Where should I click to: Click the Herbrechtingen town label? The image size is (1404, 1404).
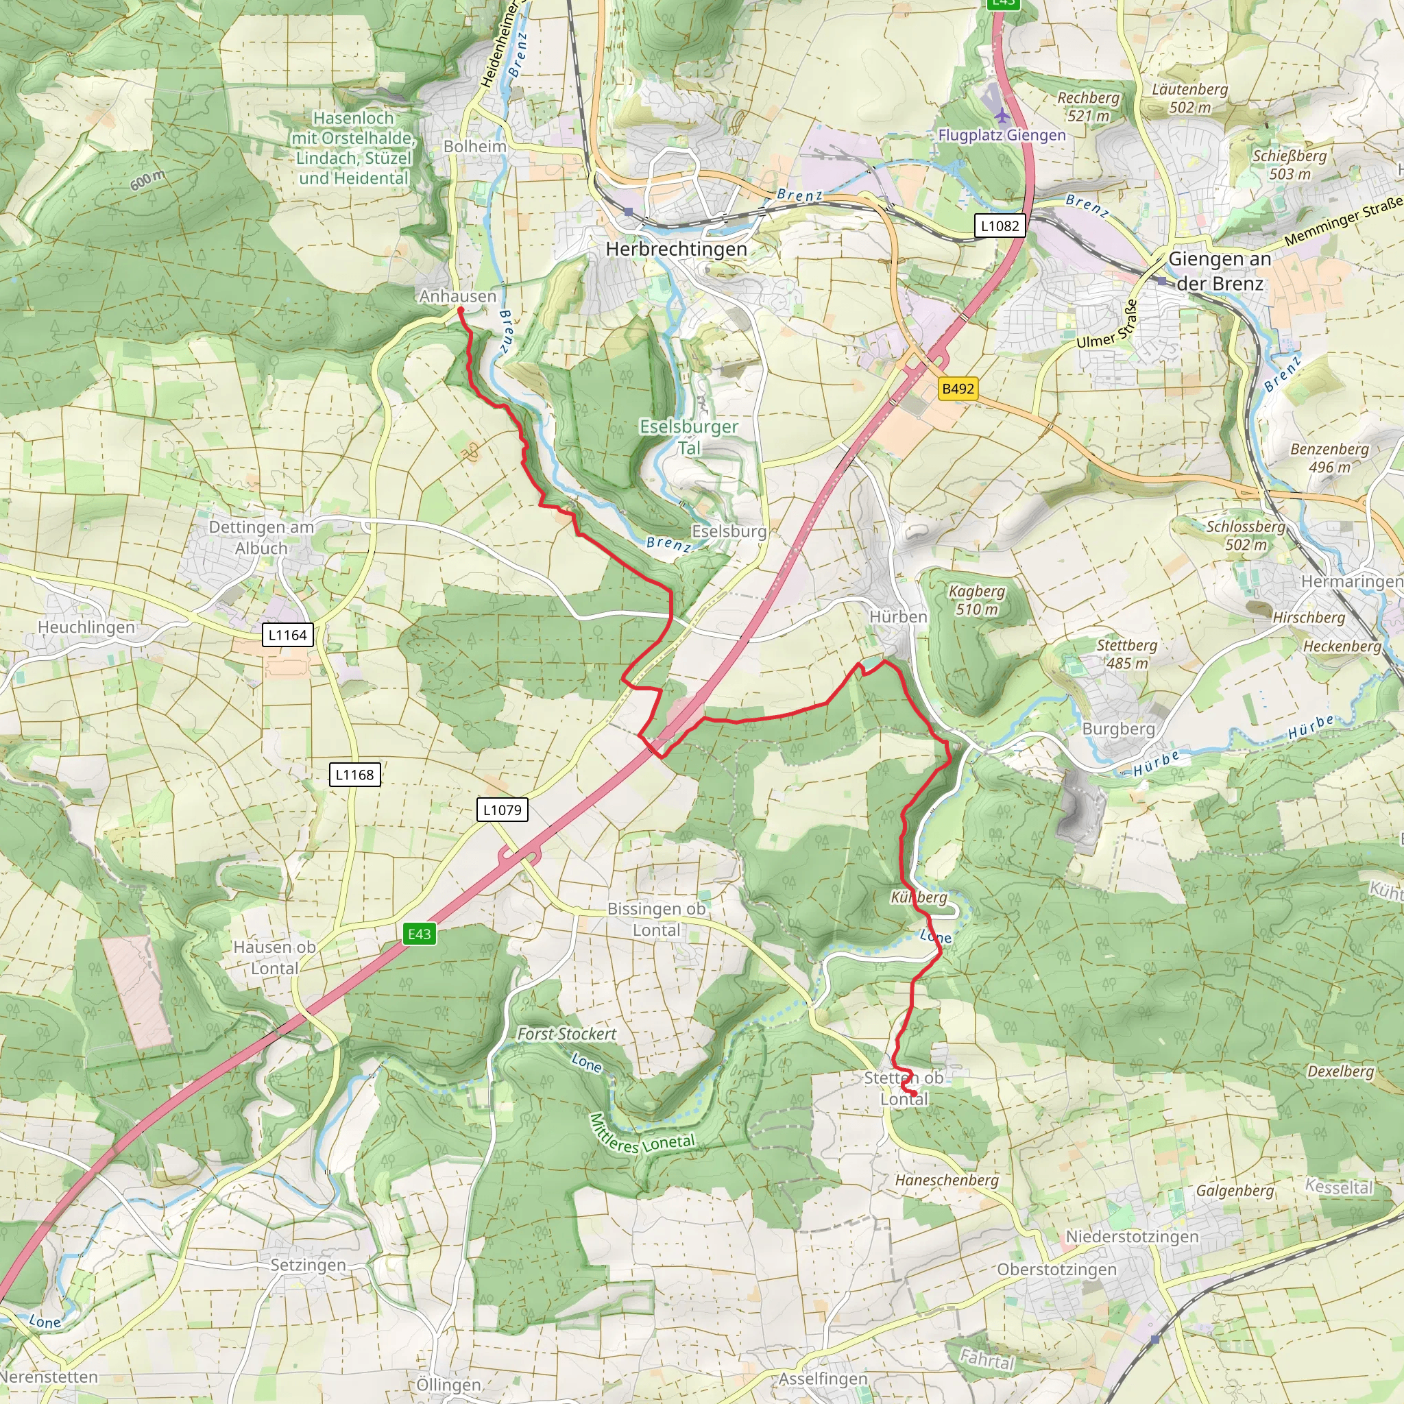click(676, 250)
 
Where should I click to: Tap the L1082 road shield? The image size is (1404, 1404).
click(1000, 226)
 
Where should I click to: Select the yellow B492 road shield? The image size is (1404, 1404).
click(957, 389)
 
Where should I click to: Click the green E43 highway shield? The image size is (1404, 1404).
click(420, 934)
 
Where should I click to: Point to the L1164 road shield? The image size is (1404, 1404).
click(287, 635)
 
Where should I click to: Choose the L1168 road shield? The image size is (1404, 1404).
click(354, 775)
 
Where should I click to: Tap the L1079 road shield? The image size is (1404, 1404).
click(501, 810)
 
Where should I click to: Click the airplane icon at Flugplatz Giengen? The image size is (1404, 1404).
click(1002, 114)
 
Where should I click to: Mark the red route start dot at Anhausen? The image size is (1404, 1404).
click(460, 311)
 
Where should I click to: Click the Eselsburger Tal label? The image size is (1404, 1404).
click(689, 437)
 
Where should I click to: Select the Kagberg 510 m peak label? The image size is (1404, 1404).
click(977, 601)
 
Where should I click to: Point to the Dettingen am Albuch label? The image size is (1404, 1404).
click(261, 537)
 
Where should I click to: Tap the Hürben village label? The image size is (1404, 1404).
click(898, 617)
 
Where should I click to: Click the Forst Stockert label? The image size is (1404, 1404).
click(566, 1033)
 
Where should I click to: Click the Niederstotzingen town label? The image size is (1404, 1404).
click(1131, 1236)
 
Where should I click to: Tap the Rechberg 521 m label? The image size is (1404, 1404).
click(1088, 106)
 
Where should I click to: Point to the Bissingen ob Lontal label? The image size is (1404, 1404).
click(656, 919)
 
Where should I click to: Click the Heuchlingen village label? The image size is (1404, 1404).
click(86, 627)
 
